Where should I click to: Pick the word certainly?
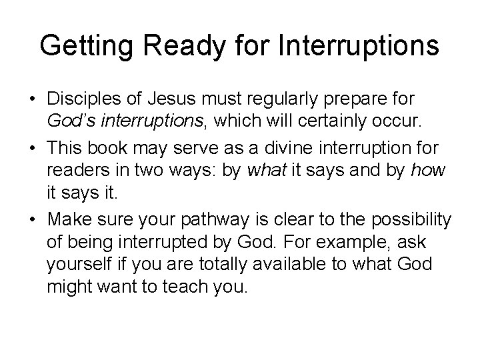click(x=320, y=120)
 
